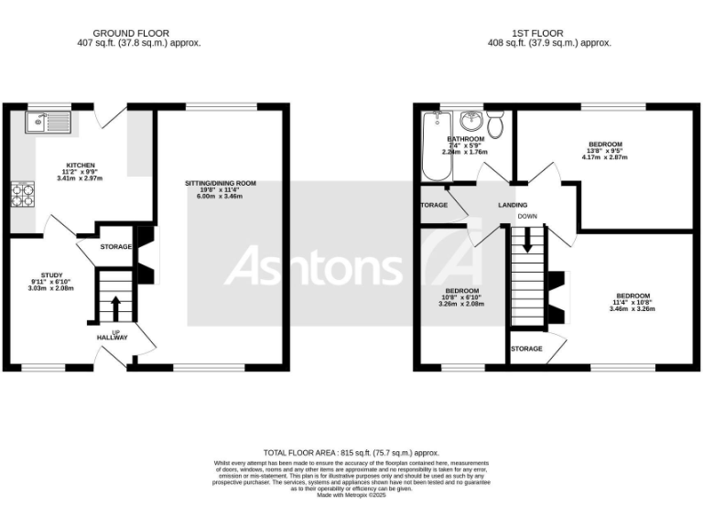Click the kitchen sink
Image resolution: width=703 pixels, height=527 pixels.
point(47,121)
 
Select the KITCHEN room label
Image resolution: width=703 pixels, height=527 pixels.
point(80,166)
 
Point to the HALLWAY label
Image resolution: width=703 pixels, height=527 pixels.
point(113,338)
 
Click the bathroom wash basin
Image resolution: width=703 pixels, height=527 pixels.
point(471,120)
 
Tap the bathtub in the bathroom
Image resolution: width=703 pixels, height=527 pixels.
point(431,146)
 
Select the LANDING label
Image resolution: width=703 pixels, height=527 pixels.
point(513,206)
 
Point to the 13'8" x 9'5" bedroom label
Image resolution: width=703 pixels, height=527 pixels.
point(606,145)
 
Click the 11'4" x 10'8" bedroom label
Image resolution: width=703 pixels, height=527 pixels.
point(633,296)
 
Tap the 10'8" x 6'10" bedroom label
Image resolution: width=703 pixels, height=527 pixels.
point(461,291)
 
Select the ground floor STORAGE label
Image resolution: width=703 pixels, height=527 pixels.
point(116,247)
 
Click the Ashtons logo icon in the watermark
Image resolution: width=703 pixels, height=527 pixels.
point(452,265)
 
